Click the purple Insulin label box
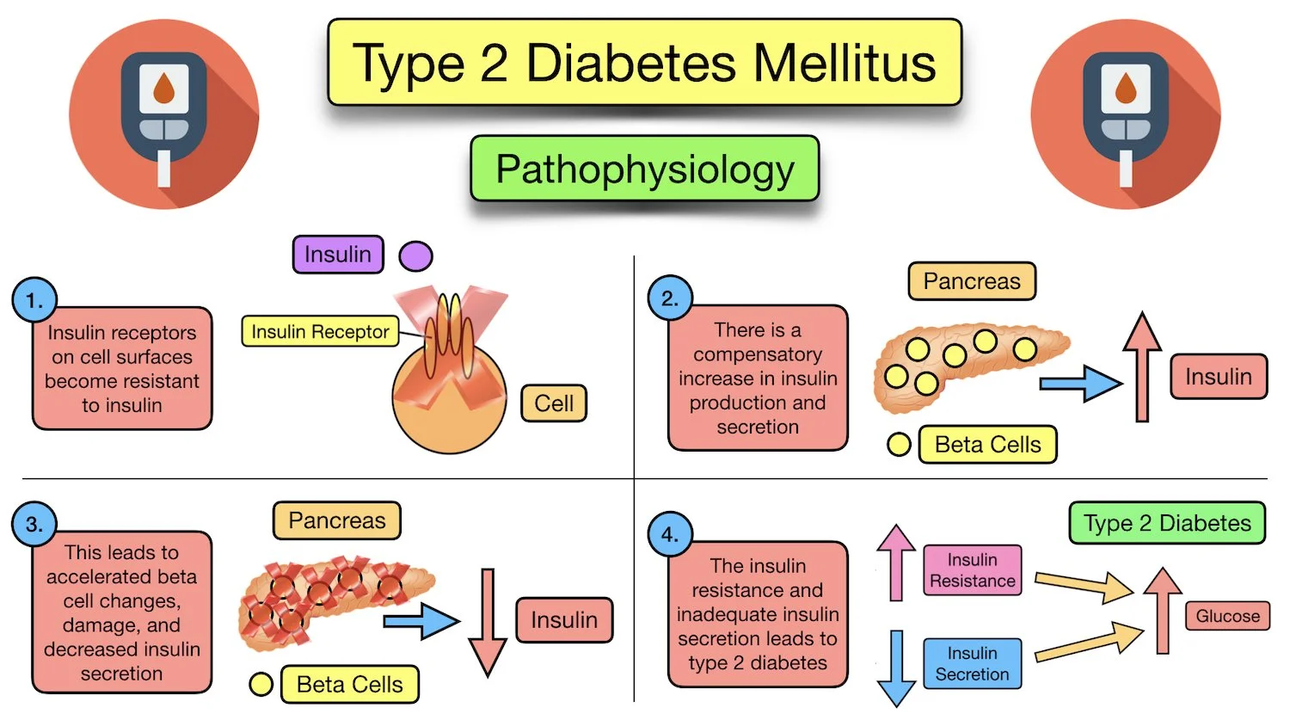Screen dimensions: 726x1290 tap(338, 255)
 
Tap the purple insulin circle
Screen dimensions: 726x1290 tap(415, 255)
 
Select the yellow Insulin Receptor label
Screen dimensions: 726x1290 tap(320, 331)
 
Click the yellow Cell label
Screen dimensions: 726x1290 tap(554, 403)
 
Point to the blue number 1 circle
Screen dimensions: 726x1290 tap(34, 300)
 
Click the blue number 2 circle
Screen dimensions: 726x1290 tap(670, 298)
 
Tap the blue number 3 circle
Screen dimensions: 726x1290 tap(34, 524)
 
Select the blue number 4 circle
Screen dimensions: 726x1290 tap(670, 534)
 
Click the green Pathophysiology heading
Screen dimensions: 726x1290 tap(644, 169)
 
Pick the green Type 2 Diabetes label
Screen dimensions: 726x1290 tap(1167, 523)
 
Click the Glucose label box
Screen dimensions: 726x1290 tap(1227, 616)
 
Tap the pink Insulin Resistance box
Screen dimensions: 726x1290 tap(973, 570)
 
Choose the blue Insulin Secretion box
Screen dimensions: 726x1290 tap(973, 663)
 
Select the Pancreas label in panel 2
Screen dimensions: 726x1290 tap(972, 281)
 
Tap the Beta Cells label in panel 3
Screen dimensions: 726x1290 tap(349, 685)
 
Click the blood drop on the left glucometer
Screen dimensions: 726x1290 tap(163, 88)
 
